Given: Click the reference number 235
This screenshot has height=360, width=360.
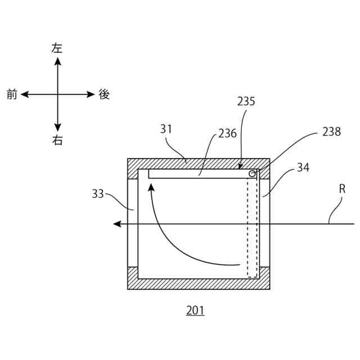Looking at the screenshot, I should pos(246,102).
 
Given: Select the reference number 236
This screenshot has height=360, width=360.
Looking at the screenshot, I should pos(227,133).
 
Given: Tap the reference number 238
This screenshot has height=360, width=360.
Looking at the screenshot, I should pos(331,132).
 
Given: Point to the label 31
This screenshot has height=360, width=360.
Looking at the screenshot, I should pos(166,129).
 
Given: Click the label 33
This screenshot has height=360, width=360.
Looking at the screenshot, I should pos(98,193).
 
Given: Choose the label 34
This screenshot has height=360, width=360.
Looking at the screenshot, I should pos(303,167).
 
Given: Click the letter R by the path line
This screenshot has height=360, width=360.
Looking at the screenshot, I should pos(341,190).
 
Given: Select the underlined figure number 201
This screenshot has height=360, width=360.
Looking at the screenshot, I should pos(196,310).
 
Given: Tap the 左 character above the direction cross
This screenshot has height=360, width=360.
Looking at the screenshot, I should pos(57,48).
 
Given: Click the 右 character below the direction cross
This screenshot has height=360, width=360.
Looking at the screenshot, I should pos(57,141).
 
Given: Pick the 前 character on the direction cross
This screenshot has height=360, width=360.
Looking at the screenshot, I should pos(12,94).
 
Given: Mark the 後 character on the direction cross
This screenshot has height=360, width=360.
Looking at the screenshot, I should pos(104,94).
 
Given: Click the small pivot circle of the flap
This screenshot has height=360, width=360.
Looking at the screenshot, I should pos(252,174).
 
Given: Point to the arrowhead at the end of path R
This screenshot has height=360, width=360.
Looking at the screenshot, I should pos(117,224).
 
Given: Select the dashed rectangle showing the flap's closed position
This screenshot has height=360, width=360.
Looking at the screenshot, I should pos(252,225).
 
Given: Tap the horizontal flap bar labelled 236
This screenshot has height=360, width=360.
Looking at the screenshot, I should pos(197,174).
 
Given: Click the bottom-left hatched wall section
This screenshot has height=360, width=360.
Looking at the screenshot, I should pos(133,277).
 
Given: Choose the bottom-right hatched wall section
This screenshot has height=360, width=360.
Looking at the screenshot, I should pos(264,277).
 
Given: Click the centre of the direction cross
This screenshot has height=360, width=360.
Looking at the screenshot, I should pos(57,94).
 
